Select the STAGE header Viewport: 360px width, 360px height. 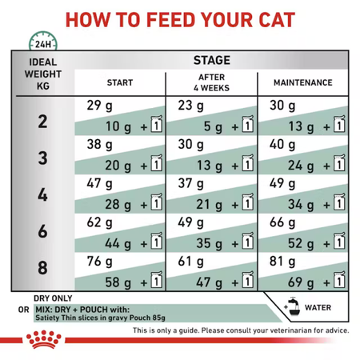[x=212, y=60]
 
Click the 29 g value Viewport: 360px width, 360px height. [x=98, y=106]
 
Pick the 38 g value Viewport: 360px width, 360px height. [x=98, y=145]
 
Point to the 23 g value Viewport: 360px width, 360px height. [x=190, y=106]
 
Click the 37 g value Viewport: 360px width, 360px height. [x=190, y=182]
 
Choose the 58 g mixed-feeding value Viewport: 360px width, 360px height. [x=121, y=281]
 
